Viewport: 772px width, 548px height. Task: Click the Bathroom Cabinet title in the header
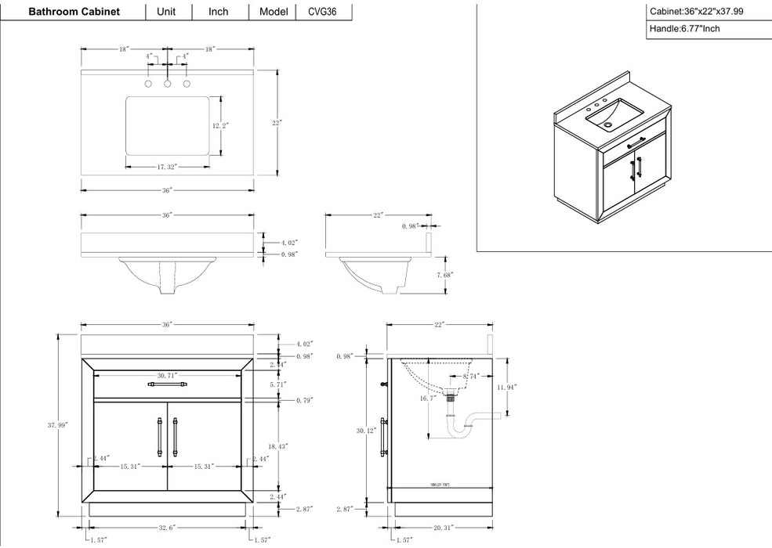click(x=74, y=12)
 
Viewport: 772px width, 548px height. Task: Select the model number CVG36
click(x=324, y=12)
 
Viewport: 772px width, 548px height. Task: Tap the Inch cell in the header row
click(x=219, y=12)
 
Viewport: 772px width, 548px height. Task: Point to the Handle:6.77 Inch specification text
click(x=684, y=29)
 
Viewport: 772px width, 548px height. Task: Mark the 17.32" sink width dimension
click(x=167, y=167)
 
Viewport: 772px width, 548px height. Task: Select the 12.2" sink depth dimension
click(x=221, y=126)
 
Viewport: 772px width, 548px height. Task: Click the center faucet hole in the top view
click(x=168, y=83)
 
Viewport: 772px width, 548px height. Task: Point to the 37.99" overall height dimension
click(x=57, y=424)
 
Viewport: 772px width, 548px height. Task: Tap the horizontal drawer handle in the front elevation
click(x=167, y=384)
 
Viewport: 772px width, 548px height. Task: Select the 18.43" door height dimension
click(x=277, y=445)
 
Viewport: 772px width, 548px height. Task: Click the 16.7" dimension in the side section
click(x=428, y=398)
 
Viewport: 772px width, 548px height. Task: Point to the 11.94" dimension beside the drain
click(x=507, y=388)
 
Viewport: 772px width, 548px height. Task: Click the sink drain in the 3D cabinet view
click(x=609, y=123)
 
